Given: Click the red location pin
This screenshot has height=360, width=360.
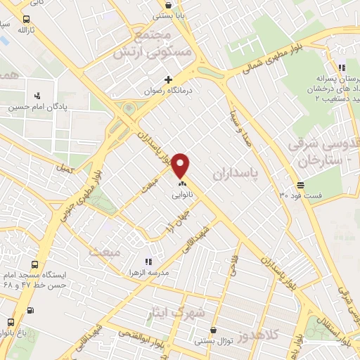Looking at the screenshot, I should tap(181, 166).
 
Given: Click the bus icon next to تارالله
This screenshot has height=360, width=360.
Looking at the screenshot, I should tap(26, 19).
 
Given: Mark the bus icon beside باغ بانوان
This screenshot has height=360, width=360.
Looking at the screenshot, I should tap(10, 323).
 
